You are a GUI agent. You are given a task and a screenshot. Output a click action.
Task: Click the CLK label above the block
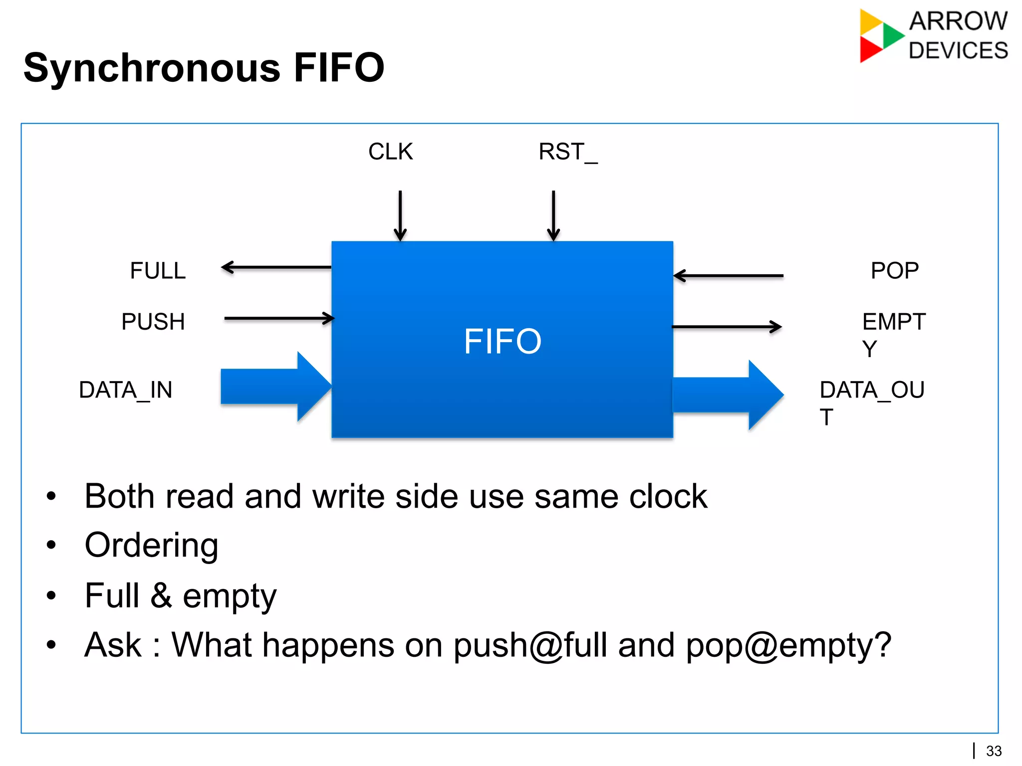[390, 152]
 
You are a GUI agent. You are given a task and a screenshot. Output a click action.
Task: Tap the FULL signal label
[158, 271]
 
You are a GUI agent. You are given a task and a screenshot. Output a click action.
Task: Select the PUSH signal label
[153, 322]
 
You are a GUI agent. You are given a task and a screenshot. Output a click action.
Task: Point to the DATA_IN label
[126, 390]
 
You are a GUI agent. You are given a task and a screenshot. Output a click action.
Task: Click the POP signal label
[894, 271]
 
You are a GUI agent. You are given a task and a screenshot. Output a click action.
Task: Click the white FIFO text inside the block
[502, 342]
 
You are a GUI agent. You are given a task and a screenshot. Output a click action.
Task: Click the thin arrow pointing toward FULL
[276, 268]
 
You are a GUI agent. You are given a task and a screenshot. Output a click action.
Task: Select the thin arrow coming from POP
[729, 275]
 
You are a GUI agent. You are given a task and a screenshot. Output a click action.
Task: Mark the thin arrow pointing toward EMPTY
[727, 327]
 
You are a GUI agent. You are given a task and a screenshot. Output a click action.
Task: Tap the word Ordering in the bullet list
[151, 545]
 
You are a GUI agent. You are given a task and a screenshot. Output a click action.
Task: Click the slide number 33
[994, 751]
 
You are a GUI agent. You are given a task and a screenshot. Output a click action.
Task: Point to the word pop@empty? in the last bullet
[788, 645]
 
